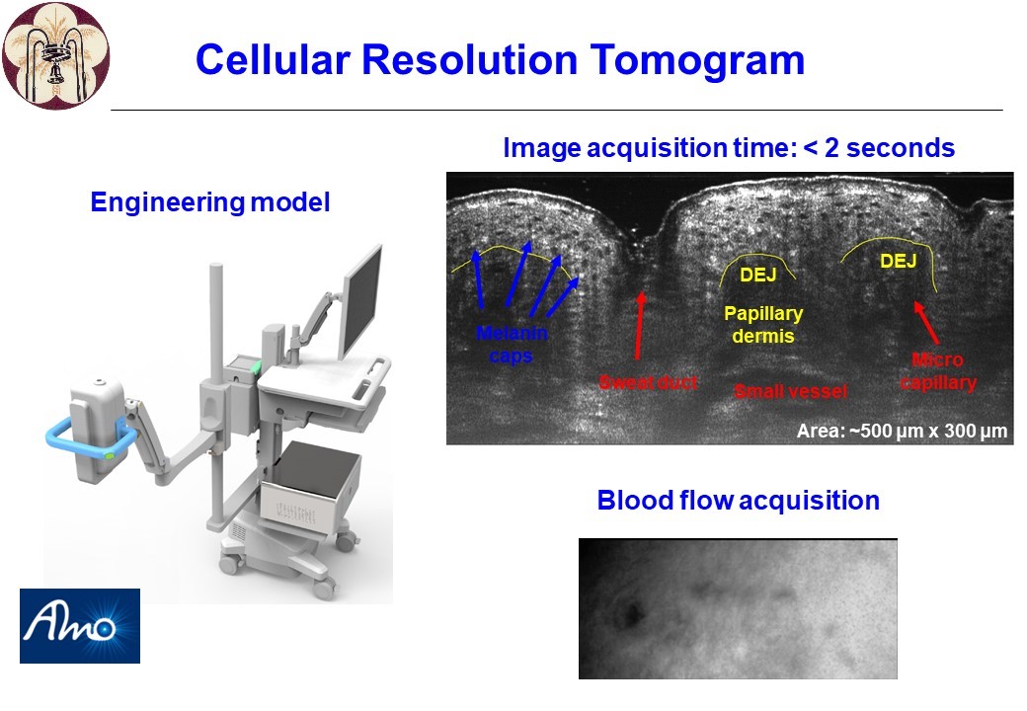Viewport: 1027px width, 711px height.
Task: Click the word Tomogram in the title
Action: [697, 60]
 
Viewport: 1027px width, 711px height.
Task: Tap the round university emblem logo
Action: [55, 55]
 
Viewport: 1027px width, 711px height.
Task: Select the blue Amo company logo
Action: [80, 626]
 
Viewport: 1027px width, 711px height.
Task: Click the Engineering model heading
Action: [210, 201]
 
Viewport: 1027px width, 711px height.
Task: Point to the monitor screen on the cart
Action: [361, 302]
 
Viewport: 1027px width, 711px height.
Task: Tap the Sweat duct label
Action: [648, 382]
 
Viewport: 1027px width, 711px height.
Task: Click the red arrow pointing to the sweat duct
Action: [639, 326]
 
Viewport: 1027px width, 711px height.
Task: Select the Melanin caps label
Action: [512, 345]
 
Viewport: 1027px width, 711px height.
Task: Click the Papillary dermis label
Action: [763, 325]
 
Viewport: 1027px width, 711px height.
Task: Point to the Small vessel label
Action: [791, 391]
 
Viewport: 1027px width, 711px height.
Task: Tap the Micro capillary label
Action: [938, 371]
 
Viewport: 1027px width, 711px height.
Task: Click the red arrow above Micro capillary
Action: [926, 322]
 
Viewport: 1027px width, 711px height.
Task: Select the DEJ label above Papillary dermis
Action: [757, 275]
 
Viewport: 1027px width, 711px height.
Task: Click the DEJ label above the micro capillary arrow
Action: [898, 262]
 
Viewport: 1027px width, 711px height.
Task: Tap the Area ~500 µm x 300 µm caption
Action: [902, 431]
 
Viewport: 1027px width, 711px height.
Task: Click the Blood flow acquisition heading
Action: [739, 501]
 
